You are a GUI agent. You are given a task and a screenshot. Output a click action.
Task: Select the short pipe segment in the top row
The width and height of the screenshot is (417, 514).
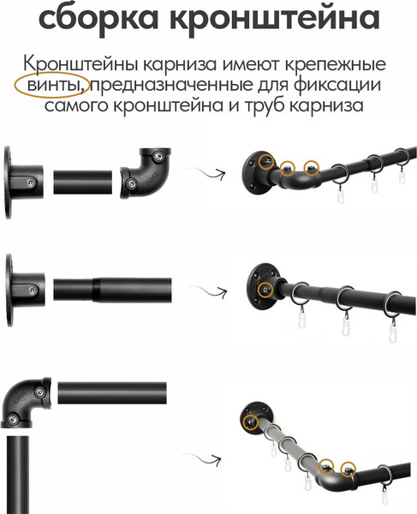click(x=83, y=182)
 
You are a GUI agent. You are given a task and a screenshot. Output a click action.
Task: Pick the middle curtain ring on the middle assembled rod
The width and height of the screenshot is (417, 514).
click(x=345, y=300)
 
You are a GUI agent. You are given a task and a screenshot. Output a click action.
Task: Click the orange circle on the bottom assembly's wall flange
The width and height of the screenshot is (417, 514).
click(x=252, y=422)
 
